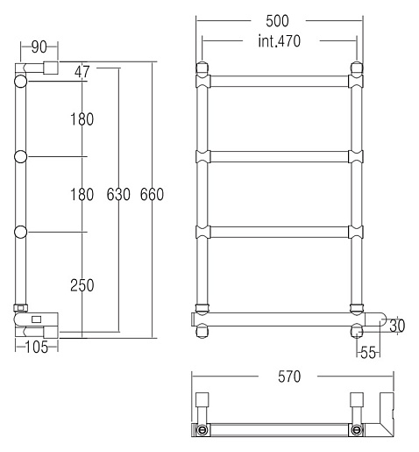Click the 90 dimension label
click(39, 47)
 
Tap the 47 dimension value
click(82, 72)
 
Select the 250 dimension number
click(82, 285)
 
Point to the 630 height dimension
click(118, 195)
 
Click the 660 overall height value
click(152, 195)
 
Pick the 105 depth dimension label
click(37, 348)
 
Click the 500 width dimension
click(277, 21)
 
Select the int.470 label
click(280, 41)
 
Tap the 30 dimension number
click(397, 326)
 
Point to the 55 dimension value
click(368, 353)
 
